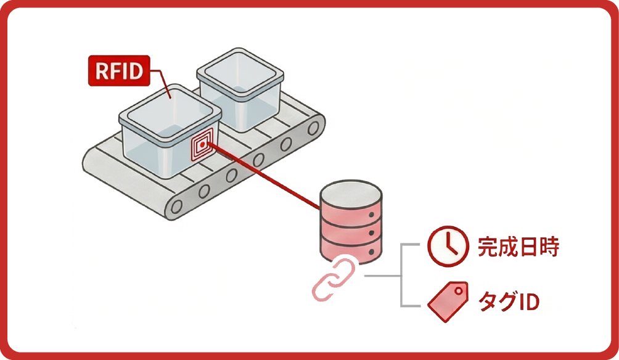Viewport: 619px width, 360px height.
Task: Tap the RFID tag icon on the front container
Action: click(x=202, y=145)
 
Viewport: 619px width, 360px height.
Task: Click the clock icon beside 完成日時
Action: click(x=446, y=247)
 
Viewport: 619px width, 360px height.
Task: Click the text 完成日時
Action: click(x=518, y=247)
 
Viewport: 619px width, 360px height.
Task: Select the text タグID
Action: click(x=509, y=302)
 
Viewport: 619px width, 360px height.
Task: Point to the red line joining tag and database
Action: click(x=265, y=175)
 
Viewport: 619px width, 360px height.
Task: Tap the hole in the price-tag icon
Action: click(x=458, y=290)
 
